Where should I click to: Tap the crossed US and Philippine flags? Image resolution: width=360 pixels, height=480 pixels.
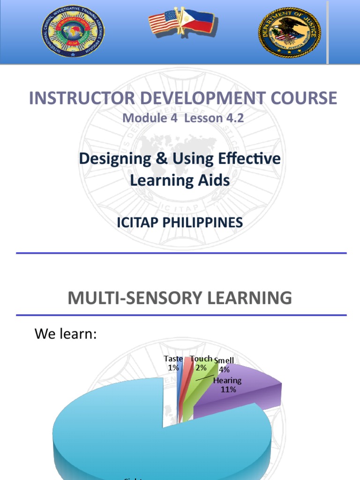click(180, 22)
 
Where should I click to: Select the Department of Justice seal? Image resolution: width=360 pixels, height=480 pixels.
click(289, 32)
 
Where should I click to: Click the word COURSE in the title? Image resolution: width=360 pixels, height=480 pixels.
click(305, 98)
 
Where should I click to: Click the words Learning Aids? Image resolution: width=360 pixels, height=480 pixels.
click(180, 180)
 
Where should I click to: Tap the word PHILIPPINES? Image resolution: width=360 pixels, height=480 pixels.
click(207, 223)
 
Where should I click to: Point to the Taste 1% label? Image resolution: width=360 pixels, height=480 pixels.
click(173, 363)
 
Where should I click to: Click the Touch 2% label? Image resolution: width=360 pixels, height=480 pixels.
click(201, 363)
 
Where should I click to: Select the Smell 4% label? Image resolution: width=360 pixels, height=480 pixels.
click(224, 365)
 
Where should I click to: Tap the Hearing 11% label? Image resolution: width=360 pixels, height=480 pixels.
click(228, 385)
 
